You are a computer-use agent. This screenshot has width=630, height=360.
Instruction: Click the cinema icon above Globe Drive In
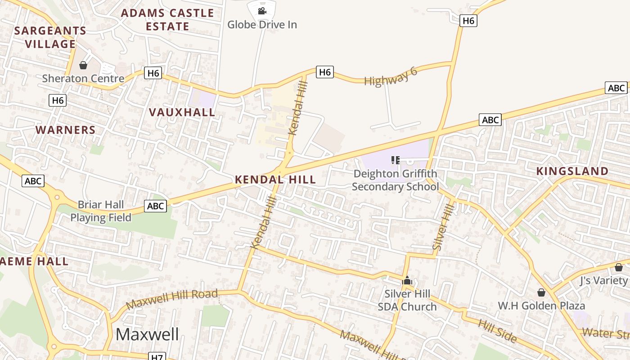(x=262, y=10)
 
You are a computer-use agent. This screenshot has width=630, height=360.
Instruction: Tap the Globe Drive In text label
(x=262, y=24)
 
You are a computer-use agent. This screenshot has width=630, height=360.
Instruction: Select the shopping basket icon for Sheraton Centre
(x=83, y=66)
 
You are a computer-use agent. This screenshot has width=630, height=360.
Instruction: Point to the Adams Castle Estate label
(x=167, y=20)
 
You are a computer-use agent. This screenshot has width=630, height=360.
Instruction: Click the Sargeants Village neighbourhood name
(x=50, y=37)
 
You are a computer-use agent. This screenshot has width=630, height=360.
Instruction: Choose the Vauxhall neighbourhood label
(x=182, y=112)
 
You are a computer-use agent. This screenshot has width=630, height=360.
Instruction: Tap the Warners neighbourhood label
(x=66, y=130)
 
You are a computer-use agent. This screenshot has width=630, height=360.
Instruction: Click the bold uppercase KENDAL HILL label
(x=275, y=180)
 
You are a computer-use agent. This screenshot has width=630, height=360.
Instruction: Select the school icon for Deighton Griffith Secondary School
(x=396, y=160)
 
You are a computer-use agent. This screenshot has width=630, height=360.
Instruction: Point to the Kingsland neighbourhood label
(x=572, y=171)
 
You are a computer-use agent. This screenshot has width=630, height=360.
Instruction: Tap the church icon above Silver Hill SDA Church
(x=407, y=281)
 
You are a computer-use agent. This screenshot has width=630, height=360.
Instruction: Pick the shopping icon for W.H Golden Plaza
(x=541, y=293)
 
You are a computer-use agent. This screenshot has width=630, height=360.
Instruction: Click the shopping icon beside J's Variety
(x=619, y=267)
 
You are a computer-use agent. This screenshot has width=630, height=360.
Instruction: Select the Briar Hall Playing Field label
(x=101, y=211)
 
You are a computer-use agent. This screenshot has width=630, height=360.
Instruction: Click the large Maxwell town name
(x=147, y=334)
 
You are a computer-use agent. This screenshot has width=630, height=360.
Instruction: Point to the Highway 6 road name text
(x=391, y=76)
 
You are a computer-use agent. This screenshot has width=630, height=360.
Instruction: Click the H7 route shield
(x=157, y=357)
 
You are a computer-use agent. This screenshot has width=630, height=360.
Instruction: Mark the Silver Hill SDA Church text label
(x=407, y=300)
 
